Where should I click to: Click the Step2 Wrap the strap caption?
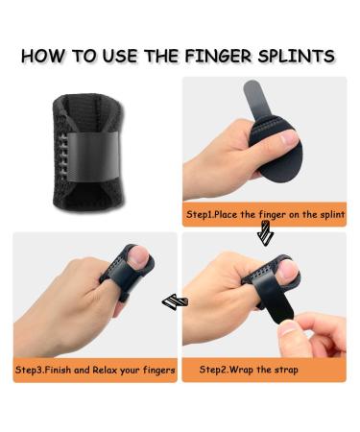pos(249,369)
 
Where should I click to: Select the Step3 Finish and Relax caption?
pos(95,369)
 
